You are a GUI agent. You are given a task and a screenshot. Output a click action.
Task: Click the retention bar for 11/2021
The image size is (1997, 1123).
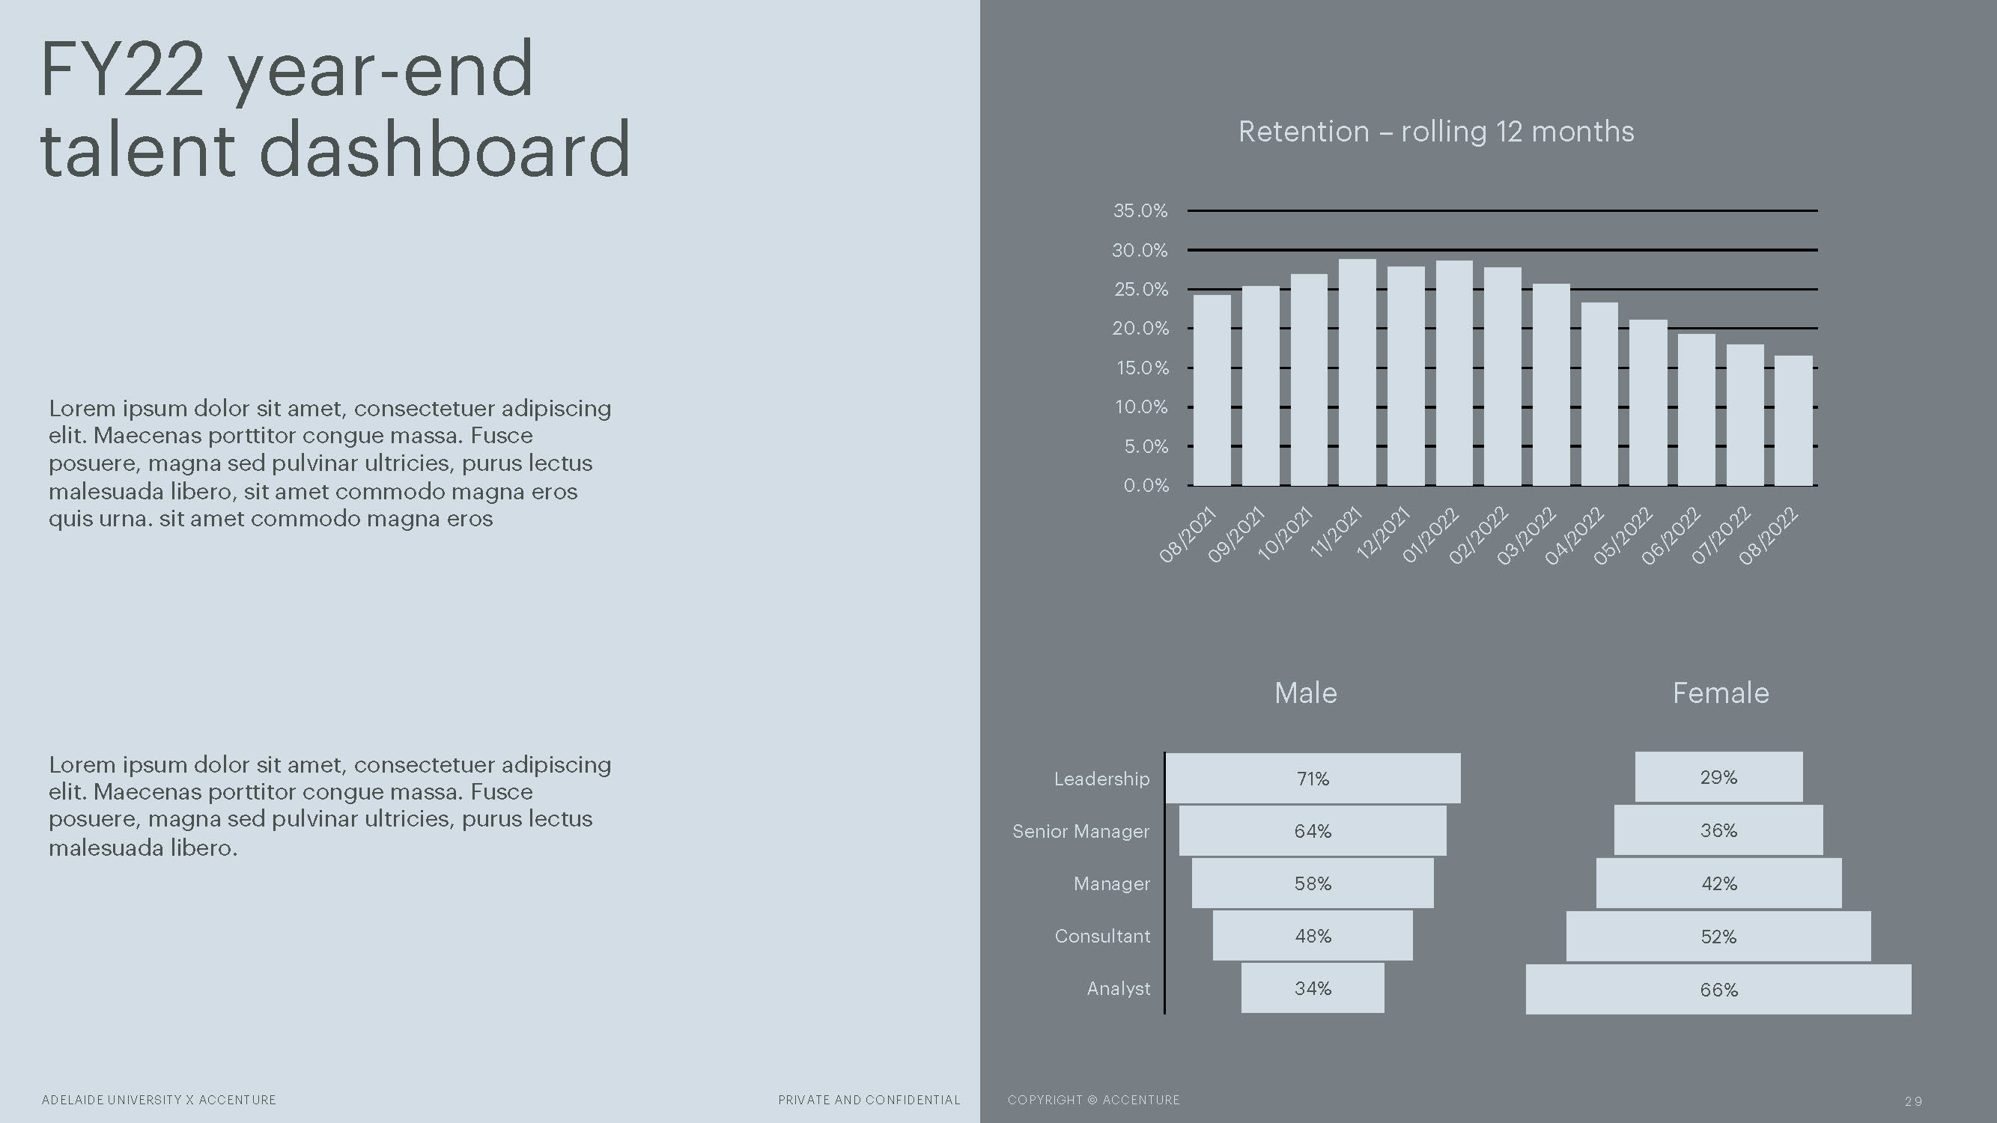(1358, 372)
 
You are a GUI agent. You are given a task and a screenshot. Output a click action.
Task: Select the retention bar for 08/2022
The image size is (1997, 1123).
(1793, 421)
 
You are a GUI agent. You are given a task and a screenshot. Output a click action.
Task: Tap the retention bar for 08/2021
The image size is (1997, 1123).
(1212, 390)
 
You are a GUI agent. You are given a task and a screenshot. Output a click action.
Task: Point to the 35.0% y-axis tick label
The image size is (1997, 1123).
(1140, 210)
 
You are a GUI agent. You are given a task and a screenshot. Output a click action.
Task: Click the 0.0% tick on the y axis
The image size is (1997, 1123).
(1146, 485)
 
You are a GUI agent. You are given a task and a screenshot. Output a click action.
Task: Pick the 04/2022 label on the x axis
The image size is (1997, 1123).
(1574, 535)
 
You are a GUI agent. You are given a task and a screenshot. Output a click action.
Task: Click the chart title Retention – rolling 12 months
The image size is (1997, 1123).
(1435, 132)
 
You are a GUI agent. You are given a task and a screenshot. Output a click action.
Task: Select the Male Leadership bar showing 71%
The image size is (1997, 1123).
(1313, 778)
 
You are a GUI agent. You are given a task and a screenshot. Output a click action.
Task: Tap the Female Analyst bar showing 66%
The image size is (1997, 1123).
(1718, 989)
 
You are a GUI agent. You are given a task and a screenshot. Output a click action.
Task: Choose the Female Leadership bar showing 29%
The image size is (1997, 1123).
(1718, 776)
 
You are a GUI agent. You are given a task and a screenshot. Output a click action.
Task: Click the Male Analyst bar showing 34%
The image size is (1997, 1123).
(1313, 988)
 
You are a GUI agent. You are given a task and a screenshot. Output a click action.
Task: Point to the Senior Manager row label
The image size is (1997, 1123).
(1080, 831)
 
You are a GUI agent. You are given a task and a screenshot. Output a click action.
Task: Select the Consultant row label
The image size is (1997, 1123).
(1102, 937)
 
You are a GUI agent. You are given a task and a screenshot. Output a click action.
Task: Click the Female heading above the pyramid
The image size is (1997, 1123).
(1721, 693)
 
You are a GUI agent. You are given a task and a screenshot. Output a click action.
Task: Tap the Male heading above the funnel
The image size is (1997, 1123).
(1305, 693)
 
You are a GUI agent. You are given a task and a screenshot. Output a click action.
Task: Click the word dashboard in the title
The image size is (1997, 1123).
(444, 150)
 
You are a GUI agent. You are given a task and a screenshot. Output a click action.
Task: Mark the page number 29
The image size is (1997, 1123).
(1913, 1101)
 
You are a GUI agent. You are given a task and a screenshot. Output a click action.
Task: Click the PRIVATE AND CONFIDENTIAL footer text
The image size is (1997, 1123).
(869, 1100)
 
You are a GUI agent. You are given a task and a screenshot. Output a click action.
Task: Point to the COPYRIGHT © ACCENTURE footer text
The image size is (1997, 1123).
(1093, 1100)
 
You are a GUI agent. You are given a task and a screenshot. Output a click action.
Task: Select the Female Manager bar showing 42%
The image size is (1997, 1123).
(1718, 883)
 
